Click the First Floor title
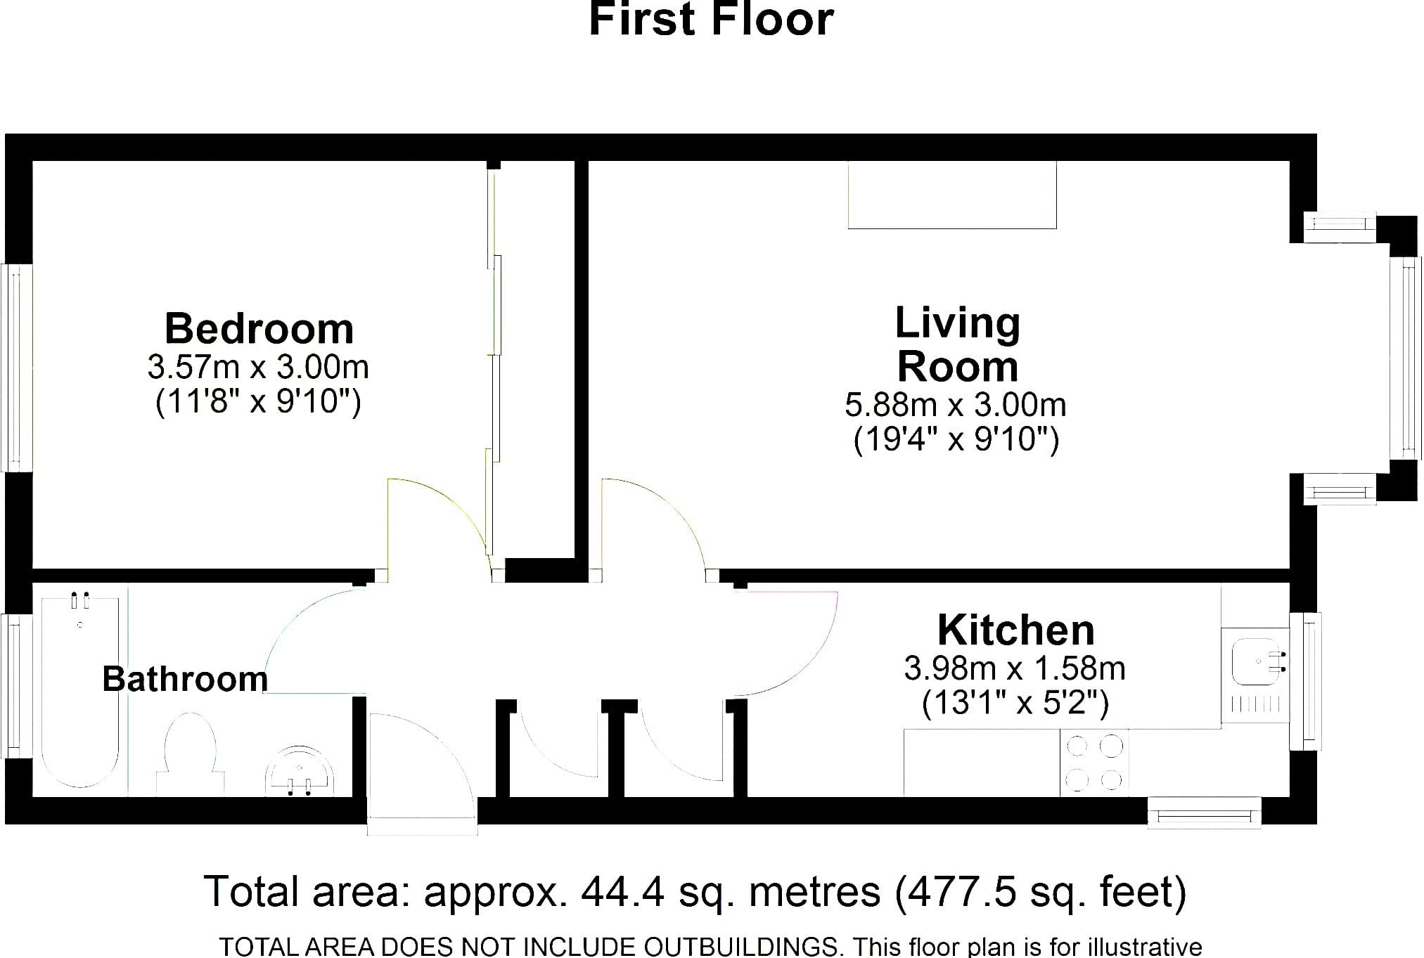(711, 19)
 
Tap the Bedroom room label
(259, 329)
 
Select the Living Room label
(958, 345)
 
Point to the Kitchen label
(1016, 630)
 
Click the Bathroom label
(185, 679)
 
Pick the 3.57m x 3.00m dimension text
(258, 367)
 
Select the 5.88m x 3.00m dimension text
(956, 405)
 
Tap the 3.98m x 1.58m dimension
(1015, 668)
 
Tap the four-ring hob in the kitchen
(1094, 763)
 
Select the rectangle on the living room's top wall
(952, 195)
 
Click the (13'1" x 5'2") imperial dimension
(1015, 703)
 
